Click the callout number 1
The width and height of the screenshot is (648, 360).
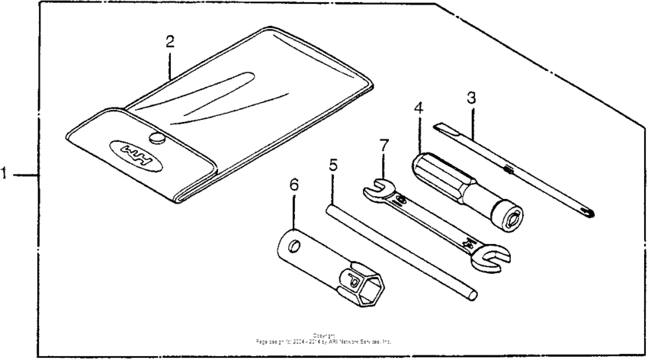tap(5, 175)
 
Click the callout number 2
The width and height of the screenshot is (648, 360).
tap(170, 41)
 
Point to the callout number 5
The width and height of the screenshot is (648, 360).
tap(333, 164)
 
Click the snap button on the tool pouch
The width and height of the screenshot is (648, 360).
tap(158, 137)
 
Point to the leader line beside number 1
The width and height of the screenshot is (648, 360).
tap(25, 175)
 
